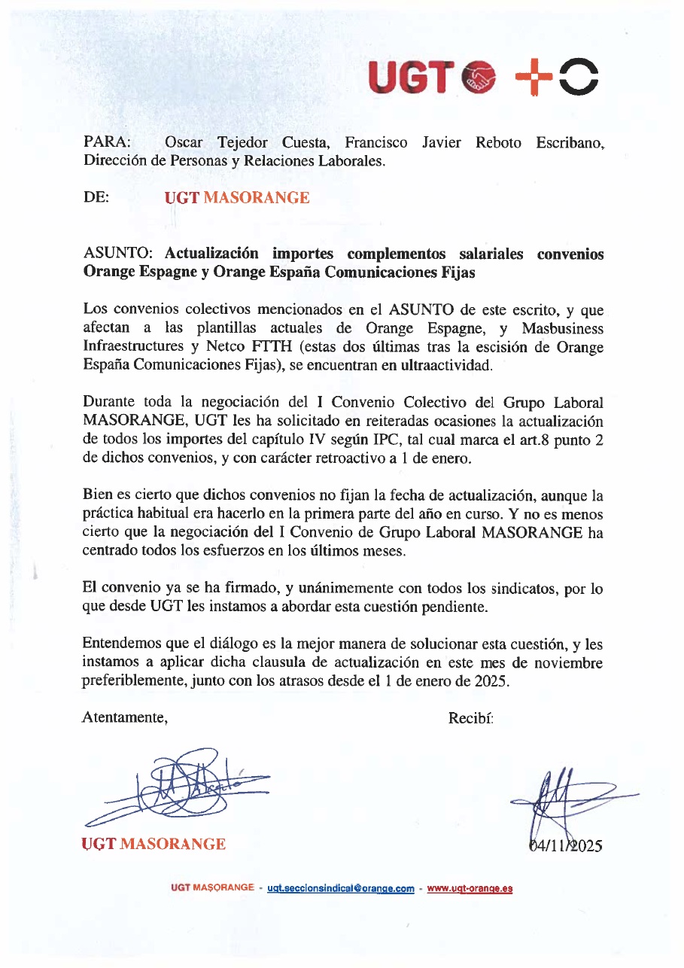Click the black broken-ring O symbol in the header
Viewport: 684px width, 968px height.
click(x=579, y=77)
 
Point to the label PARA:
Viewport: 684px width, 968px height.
click(x=105, y=143)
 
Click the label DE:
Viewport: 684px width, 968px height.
click(x=96, y=198)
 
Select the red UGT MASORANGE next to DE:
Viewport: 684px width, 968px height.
click(x=236, y=198)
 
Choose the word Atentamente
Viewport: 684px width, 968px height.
click(x=124, y=717)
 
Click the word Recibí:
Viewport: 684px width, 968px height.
click(x=470, y=717)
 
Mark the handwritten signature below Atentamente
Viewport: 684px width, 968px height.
click(x=181, y=787)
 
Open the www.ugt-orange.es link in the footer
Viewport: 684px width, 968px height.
click(x=470, y=888)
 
